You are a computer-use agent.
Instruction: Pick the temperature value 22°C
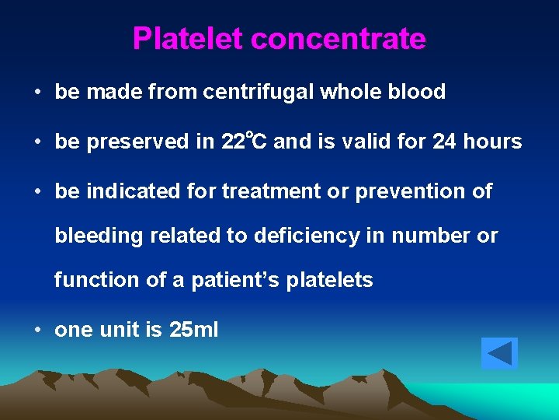coord(245,142)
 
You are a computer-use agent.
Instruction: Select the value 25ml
coord(193,330)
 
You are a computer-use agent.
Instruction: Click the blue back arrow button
coord(498,353)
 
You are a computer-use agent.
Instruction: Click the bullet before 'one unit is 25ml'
coord(37,330)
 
